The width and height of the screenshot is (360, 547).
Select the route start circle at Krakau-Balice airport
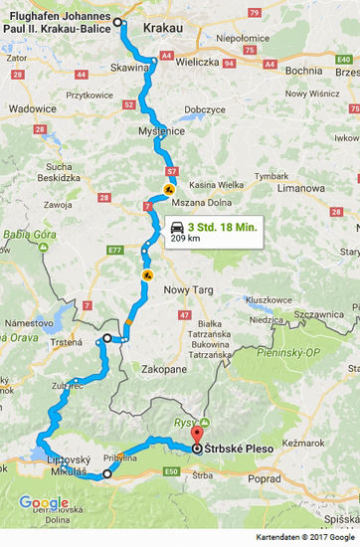pyautogui.click(x=117, y=22)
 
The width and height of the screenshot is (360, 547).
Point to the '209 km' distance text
pyautogui.click(x=185, y=240)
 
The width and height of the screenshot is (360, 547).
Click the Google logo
pyautogui.click(x=44, y=502)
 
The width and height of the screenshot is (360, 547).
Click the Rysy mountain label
pyautogui.click(x=185, y=421)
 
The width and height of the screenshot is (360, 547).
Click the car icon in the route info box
pyautogui.click(x=177, y=227)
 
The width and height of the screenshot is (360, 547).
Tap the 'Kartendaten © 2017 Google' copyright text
pyautogui.click(x=305, y=537)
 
